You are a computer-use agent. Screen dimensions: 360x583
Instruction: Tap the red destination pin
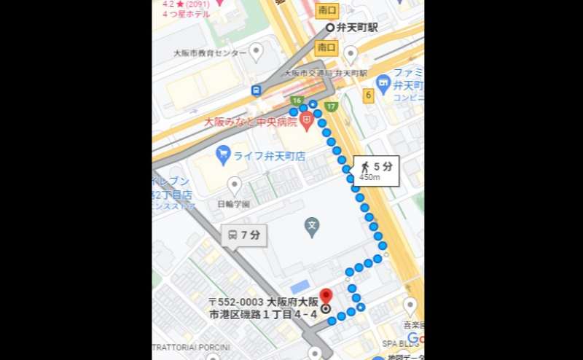click(326, 296)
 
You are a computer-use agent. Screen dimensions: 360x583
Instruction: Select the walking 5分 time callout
click(376, 167)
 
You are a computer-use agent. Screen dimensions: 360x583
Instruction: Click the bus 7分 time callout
click(243, 235)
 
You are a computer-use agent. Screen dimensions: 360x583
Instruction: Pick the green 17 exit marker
click(331, 106)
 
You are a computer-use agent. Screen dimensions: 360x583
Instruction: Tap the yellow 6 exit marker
click(369, 95)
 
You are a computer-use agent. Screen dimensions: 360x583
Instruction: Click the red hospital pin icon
click(307, 121)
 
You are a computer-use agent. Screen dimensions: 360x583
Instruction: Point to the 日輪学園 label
click(233, 204)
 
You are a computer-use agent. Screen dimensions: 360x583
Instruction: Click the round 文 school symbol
click(312, 224)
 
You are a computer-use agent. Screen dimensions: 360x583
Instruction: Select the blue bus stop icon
click(257, 90)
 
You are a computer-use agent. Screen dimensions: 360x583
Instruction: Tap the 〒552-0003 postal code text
click(237, 302)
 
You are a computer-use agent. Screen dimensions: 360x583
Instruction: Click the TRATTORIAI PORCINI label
click(192, 347)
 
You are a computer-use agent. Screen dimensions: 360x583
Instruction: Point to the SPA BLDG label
click(398, 343)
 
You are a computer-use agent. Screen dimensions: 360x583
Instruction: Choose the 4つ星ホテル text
click(186, 14)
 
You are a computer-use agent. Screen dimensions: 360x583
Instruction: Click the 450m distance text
click(369, 176)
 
